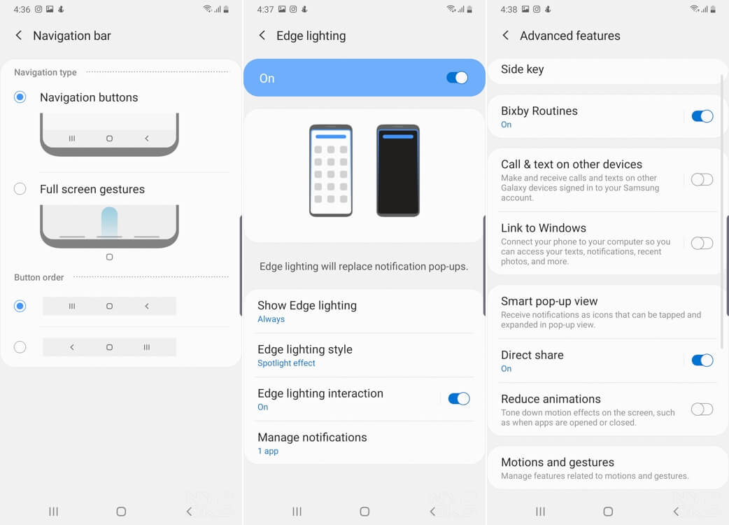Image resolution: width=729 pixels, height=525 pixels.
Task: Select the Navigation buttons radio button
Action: coord(20,97)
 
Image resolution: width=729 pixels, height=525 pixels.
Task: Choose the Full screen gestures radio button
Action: coord(20,189)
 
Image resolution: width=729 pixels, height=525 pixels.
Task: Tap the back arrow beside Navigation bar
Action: coord(19,35)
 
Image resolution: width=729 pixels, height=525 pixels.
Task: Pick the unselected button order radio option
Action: coord(20,347)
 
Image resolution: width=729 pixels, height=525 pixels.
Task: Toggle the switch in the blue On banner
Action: coord(457,78)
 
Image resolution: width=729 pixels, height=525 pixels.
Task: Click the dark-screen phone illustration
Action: coord(398,170)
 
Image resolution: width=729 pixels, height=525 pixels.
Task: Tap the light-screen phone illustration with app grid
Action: coord(331,170)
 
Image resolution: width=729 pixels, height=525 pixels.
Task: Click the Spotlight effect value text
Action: coord(286,363)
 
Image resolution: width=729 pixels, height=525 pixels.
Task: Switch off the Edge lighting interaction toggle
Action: coord(459,398)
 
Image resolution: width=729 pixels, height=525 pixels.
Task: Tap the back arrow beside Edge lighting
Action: coord(262,35)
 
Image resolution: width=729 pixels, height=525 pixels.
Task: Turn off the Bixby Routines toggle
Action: coord(702,115)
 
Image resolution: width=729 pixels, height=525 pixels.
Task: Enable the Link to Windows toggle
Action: coord(702,243)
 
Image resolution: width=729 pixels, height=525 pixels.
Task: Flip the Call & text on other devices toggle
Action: coord(702,179)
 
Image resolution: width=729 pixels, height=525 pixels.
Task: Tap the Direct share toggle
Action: coord(702,360)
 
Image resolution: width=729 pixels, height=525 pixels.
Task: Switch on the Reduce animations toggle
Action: coord(702,409)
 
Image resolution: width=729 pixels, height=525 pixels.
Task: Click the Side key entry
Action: coord(522,69)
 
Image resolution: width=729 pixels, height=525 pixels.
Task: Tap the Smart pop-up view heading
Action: coord(549,301)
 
